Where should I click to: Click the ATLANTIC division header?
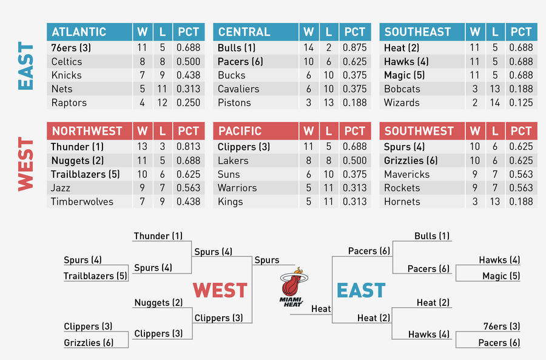point(79,32)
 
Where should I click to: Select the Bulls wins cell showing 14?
point(308,48)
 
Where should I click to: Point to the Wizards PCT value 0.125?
point(521,103)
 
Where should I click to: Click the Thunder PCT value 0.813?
point(189,147)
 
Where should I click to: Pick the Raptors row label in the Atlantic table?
point(69,103)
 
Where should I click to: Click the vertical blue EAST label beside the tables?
point(25,66)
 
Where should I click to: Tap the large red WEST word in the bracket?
point(220,290)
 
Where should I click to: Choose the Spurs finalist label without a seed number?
point(267,260)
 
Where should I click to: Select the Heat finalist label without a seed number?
point(321,309)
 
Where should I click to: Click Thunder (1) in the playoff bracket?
point(158,236)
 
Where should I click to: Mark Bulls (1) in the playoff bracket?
point(432,236)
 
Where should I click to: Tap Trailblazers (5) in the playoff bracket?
point(95,276)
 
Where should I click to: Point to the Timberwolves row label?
point(82,202)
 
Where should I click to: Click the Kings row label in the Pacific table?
point(230,202)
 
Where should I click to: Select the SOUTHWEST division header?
point(419,131)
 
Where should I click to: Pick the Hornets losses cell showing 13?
point(495,202)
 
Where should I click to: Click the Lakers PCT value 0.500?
point(354,161)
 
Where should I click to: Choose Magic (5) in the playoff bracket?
point(501,276)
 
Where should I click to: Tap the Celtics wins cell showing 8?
point(142,62)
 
